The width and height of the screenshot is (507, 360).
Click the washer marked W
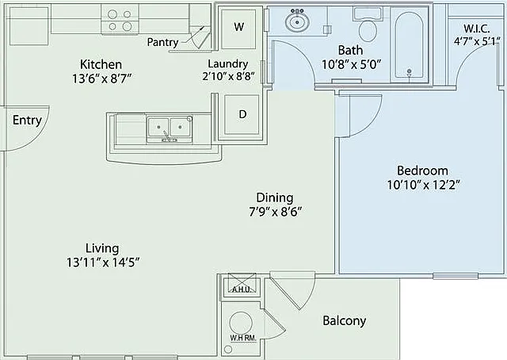point(238,28)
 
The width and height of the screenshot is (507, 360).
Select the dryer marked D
point(242,114)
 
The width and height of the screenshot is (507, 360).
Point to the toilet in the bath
point(368,25)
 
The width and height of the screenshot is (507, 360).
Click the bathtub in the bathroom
point(410,45)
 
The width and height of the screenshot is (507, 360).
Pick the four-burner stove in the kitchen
point(120,19)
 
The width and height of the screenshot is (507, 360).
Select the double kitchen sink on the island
point(170,129)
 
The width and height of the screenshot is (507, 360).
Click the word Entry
point(28,121)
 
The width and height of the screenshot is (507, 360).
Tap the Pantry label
point(162,42)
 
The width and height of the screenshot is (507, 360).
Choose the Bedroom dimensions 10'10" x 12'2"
point(424,185)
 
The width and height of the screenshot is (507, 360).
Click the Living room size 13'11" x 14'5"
point(103,262)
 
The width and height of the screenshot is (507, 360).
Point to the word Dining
point(275,197)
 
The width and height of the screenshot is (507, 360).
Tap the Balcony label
point(345,320)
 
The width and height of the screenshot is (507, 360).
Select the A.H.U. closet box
point(241,283)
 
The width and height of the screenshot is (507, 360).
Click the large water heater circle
point(241,323)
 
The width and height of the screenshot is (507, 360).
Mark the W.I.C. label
point(477,29)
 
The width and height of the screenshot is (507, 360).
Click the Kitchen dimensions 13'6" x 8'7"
point(102,79)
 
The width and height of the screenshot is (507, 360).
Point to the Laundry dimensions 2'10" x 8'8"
point(229,76)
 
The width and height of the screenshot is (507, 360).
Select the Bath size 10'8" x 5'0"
point(352,65)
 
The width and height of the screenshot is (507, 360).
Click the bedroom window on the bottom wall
point(456,276)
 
